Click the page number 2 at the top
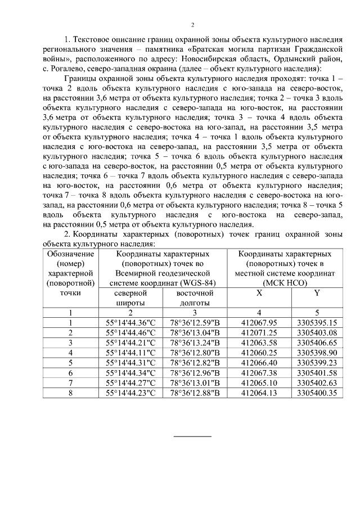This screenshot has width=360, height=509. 192,25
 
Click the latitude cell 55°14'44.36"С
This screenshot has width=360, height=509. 130,322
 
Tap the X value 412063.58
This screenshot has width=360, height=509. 259,343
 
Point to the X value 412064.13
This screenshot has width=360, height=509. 259,393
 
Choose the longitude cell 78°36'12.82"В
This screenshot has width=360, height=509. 195,363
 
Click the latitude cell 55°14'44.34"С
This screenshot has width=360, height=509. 130,373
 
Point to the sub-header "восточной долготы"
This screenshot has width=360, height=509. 195,298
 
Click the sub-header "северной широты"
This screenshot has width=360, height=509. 130,298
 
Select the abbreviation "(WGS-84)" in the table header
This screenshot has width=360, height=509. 187,283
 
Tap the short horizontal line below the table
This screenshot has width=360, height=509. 192,435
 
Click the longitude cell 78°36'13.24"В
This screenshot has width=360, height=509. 195,343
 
